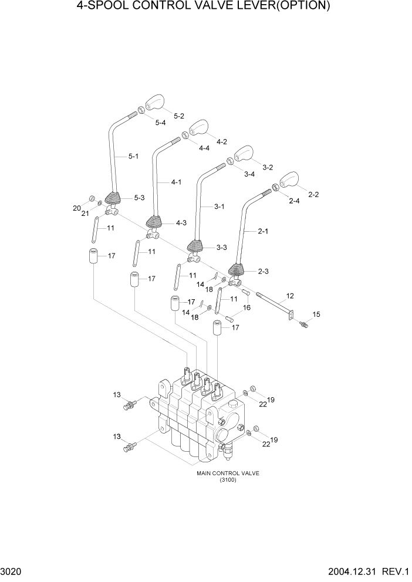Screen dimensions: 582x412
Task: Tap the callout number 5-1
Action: click(x=133, y=157)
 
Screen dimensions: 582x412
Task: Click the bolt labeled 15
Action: click(x=303, y=323)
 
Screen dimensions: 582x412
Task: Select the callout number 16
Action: click(x=247, y=307)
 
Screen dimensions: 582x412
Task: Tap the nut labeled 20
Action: click(x=92, y=198)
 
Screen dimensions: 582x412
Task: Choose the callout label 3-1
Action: click(x=219, y=207)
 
